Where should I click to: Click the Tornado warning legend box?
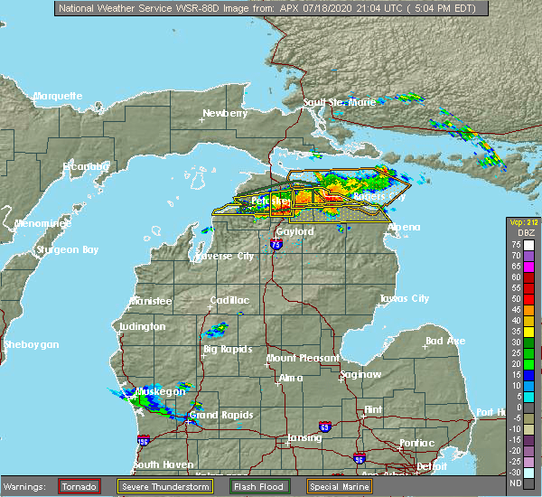(80, 486)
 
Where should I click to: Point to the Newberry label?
(224, 114)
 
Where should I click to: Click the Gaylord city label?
(294, 232)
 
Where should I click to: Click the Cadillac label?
(229, 300)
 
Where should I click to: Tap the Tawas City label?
(404, 298)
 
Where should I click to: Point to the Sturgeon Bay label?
(67, 249)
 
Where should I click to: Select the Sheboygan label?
(31, 344)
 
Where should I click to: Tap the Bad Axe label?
(445, 341)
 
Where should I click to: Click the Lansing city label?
(304, 438)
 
